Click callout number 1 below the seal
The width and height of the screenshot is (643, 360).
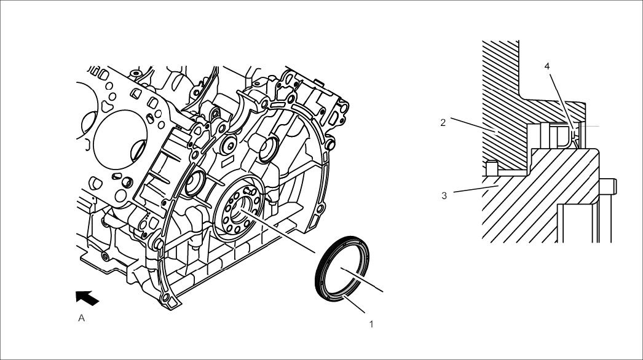click(371, 323)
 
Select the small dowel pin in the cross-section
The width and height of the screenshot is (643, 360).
click(490, 166)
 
